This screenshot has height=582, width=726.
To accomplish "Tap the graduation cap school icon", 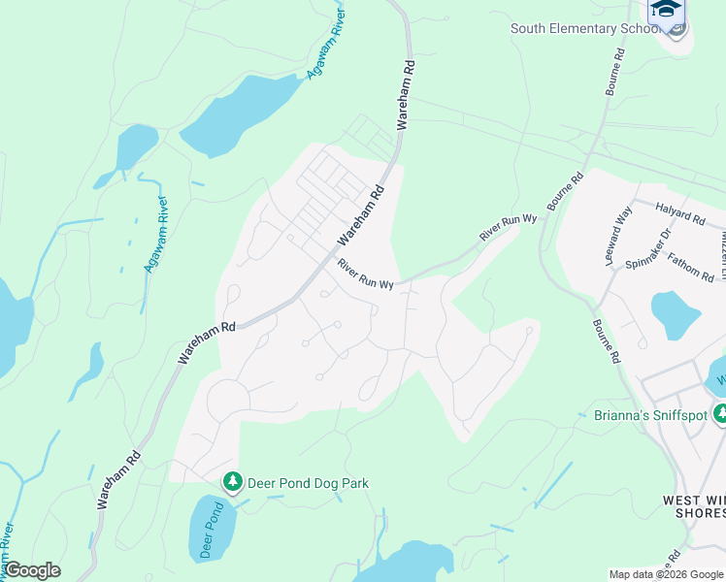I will click(x=666, y=9).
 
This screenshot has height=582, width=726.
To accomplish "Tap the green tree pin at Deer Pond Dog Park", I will click(x=232, y=481).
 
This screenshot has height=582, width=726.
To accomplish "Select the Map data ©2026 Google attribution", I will click(x=666, y=574).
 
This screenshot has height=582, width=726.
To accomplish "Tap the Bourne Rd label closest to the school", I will click(x=613, y=74).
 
